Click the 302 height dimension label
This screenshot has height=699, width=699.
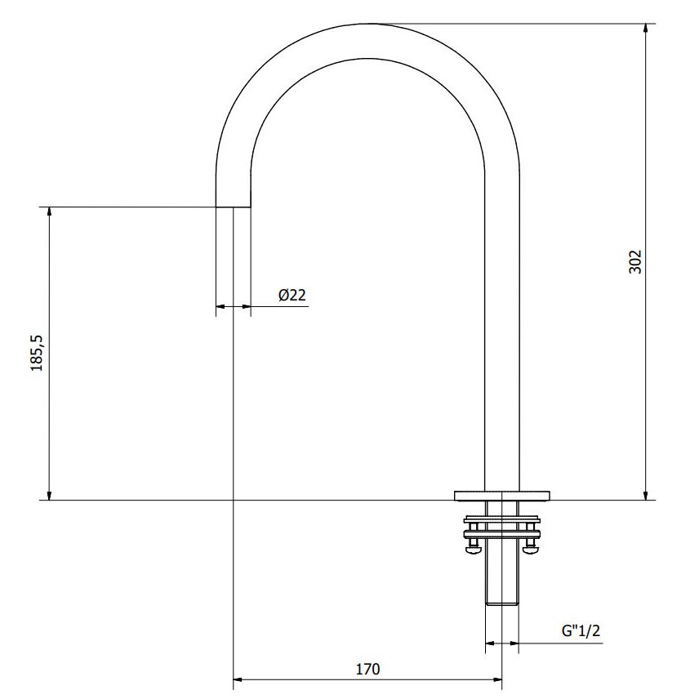[634, 261]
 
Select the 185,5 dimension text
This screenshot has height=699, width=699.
[37, 353]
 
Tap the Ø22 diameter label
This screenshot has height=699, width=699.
[292, 295]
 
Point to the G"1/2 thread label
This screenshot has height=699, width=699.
[581, 630]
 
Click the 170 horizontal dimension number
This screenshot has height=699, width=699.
[367, 669]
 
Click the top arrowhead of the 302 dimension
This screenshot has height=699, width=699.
[645, 28]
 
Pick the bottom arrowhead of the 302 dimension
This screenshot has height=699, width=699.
[645, 496]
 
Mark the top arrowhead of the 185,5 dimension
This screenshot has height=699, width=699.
[49, 212]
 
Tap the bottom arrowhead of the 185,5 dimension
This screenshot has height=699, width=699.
[49, 496]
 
